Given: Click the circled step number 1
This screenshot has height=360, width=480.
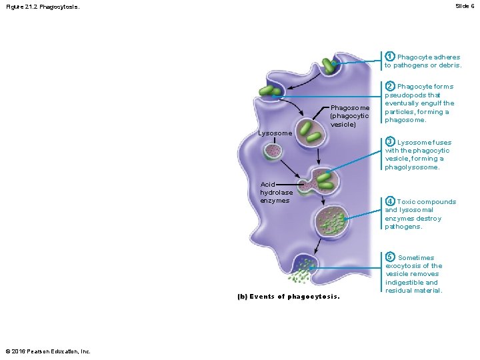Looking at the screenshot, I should [390, 57].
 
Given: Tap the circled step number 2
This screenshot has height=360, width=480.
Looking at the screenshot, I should [390, 86].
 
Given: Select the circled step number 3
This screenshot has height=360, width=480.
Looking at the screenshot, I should [390, 142].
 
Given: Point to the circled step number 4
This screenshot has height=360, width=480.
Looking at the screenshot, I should [390, 201].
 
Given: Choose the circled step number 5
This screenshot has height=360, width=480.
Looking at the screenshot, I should [391, 257].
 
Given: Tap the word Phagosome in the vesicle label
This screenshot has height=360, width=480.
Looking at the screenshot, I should [350, 108].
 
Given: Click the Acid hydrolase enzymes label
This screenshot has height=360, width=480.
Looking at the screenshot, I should [276, 193].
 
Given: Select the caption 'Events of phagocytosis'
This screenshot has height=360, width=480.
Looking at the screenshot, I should [289, 297].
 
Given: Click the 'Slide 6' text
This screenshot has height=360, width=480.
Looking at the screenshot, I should [465, 5].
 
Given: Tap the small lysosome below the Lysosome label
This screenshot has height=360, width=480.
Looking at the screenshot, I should [274, 151].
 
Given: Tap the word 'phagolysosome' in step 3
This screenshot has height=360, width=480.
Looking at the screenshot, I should [412, 167].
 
